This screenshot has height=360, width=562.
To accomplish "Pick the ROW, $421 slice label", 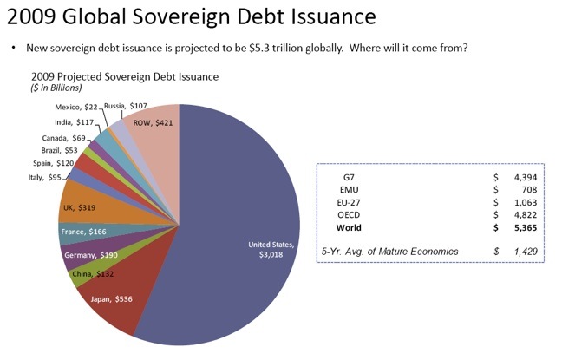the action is pyautogui.click(x=153, y=123).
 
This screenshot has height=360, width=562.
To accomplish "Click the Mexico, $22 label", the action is pyautogui.click(x=76, y=108).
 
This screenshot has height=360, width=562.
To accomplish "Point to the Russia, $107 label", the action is pyautogui.click(x=126, y=106).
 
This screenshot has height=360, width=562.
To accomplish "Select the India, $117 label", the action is pyautogui.click(x=75, y=122).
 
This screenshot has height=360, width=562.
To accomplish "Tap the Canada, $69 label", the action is pyautogui.click(x=64, y=138).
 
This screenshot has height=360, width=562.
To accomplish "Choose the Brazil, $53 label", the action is pyautogui.click(x=59, y=150).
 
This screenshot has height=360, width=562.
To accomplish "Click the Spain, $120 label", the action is pyautogui.click(x=54, y=163).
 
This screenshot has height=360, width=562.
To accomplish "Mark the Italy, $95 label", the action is pyautogui.click(x=45, y=177).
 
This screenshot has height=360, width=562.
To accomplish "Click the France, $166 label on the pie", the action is pyautogui.click(x=84, y=232).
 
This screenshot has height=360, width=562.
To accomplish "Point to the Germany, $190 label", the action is pyautogui.click(x=91, y=255).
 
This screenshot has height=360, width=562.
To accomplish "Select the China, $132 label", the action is pyautogui.click(x=93, y=274).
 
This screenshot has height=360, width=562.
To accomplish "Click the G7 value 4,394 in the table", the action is pyautogui.click(x=526, y=178).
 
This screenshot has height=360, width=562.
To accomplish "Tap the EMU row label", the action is pyautogui.click(x=350, y=190).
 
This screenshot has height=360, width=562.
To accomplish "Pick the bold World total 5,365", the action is pyautogui.click(x=526, y=227).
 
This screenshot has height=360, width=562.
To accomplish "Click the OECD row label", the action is pyautogui.click(x=349, y=215).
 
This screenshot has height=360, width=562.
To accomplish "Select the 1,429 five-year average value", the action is pyautogui.click(x=526, y=252).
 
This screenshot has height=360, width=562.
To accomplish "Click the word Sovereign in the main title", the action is pyautogui.click(x=181, y=16).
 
